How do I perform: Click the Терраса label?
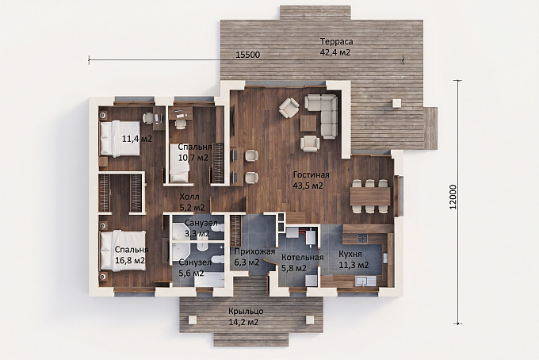pyautogui.click(x=337, y=41)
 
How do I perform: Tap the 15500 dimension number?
pyautogui.click(x=248, y=55)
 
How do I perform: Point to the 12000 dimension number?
pyautogui.click(x=453, y=197)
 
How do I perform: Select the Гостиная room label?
pyautogui.click(x=311, y=175)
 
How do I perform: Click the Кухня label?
pyautogui.click(x=350, y=254)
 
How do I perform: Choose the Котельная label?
pyautogui.click(x=303, y=258)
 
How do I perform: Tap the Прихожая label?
pyautogui.click(x=254, y=251)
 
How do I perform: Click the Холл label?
pyautogui.click(x=189, y=197)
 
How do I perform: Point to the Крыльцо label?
pyautogui.click(x=247, y=312)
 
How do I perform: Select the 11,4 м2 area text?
pyautogui.click(x=137, y=139)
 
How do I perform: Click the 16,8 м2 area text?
pyautogui.click(x=130, y=260)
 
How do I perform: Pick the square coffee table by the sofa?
pyautogui.click(x=308, y=123)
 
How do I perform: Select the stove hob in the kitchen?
pyautogui.click(x=363, y=238)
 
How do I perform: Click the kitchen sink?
pyautogui.click(x=365, y=281)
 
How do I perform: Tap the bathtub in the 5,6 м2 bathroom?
pyautogui.click(x=209, y=280)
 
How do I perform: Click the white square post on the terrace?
pyautogui.click(x=397, y=103)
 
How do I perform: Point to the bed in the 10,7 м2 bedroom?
pyautogui.click(x=179, y=163)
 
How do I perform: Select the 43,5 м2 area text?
pyautogui.click(x=308, y=186)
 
